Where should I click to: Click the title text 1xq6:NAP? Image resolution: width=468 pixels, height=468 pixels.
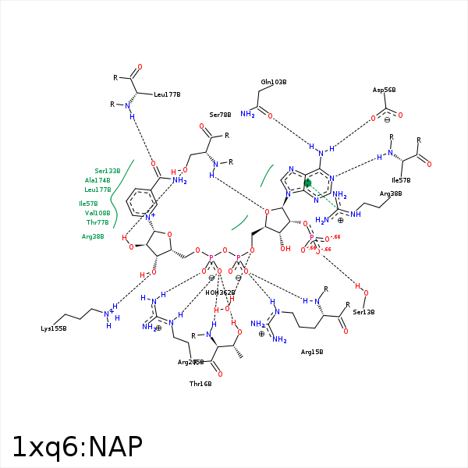pos(77,447)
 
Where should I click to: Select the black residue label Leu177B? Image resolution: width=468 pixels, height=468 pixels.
pos(167,94)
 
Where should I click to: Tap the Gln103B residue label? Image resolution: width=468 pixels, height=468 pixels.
pos(274,82)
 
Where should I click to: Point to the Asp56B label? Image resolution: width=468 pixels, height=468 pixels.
pos(385,90)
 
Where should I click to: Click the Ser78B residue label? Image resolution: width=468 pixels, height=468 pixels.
pos(220,115)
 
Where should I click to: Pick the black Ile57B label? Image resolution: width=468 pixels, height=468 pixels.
pos(401,180)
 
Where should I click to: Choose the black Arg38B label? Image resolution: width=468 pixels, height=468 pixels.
pos(391,193)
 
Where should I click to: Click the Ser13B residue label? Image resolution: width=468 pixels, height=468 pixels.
pos(363,312)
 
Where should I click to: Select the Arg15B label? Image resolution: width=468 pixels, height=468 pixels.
pos(312,352)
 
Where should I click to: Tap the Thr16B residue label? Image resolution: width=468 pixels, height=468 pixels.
pos(200,384)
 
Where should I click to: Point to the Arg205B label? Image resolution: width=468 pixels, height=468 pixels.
pos(190,362)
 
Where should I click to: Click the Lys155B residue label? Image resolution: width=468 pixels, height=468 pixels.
pos(54,329)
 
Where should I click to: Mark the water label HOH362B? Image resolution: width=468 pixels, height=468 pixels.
pos(220,292)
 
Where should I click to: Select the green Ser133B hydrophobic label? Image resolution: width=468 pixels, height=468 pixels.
pos(108,171)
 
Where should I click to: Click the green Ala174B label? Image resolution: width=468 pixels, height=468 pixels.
pos(97,180)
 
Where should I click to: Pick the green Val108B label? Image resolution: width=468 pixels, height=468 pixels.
pos(97,213)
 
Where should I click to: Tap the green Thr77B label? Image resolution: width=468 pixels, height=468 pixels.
pos(97,222)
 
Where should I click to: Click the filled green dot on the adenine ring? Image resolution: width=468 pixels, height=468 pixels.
pos(307,183)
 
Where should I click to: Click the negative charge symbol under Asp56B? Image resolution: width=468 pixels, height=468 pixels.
pos(386,119)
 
